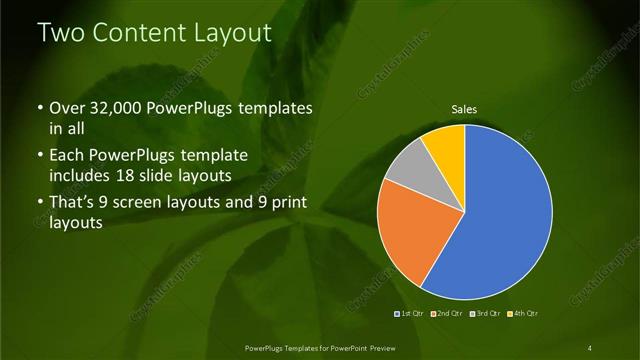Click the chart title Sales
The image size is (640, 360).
tap(463, 109)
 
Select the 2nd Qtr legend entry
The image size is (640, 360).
tap(448, 314)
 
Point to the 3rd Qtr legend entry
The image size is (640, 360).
tap(484, 314)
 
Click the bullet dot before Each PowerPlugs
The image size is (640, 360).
tap(39, 156)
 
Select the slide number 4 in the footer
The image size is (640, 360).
tap(589, 347)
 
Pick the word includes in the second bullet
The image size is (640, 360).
tap(82, 175)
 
